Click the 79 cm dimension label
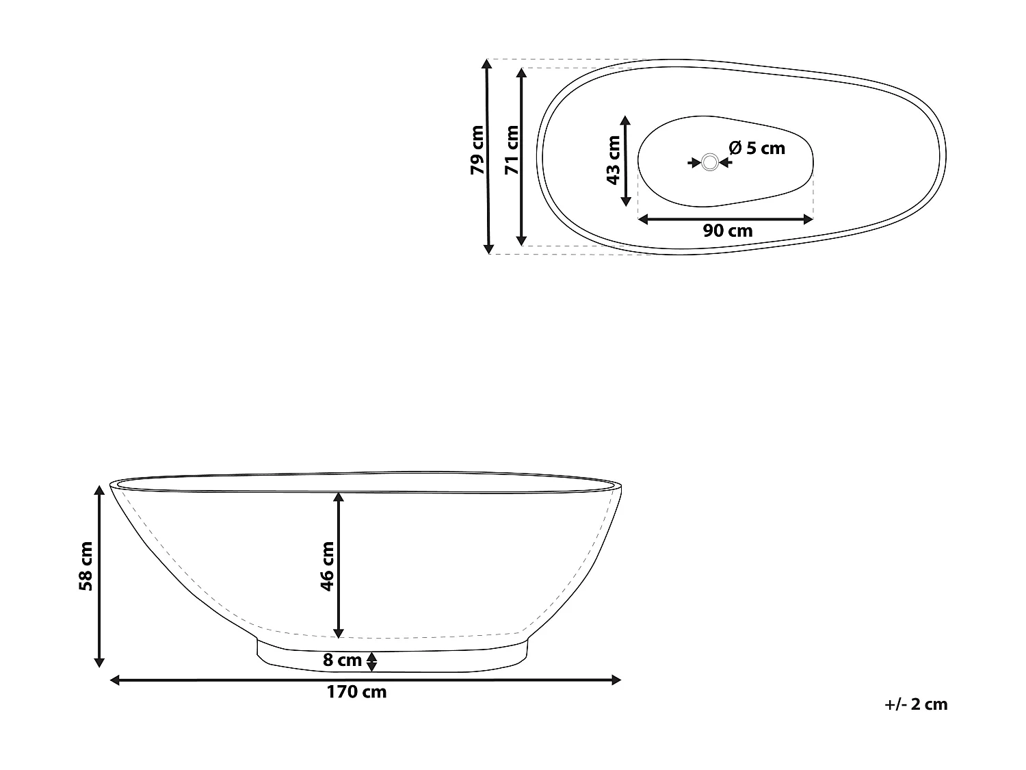click(477, 150)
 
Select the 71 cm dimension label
click(511, 150)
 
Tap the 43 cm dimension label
click(614, 160)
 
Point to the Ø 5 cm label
click(757, 148)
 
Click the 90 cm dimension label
click(728, 231)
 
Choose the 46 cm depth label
click(327, 565)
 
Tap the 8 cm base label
click(342, 660)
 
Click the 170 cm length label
click(356, 692)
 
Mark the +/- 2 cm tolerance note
click(915, 704)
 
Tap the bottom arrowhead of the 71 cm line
click(522, 240)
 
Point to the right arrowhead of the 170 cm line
click(616, 680)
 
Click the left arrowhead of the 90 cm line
click(643, 219)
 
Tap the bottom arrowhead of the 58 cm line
click(99, 661)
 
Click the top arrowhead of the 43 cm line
click(625, 120)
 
